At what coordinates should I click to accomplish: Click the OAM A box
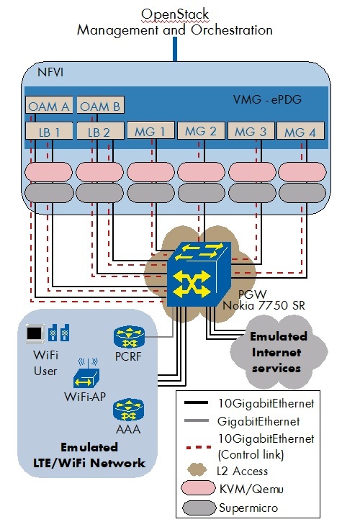click(x=48, y=107)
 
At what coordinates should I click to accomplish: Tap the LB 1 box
click(x=48, y=132)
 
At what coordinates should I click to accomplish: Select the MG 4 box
click(x=302, y=132)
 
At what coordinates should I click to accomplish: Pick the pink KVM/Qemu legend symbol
click(x=201, y=490)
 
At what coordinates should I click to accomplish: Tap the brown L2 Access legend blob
click(x=201, y=469)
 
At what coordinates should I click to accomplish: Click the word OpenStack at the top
click(x=174, y=14)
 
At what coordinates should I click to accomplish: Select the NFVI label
click(x=52, y=72)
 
